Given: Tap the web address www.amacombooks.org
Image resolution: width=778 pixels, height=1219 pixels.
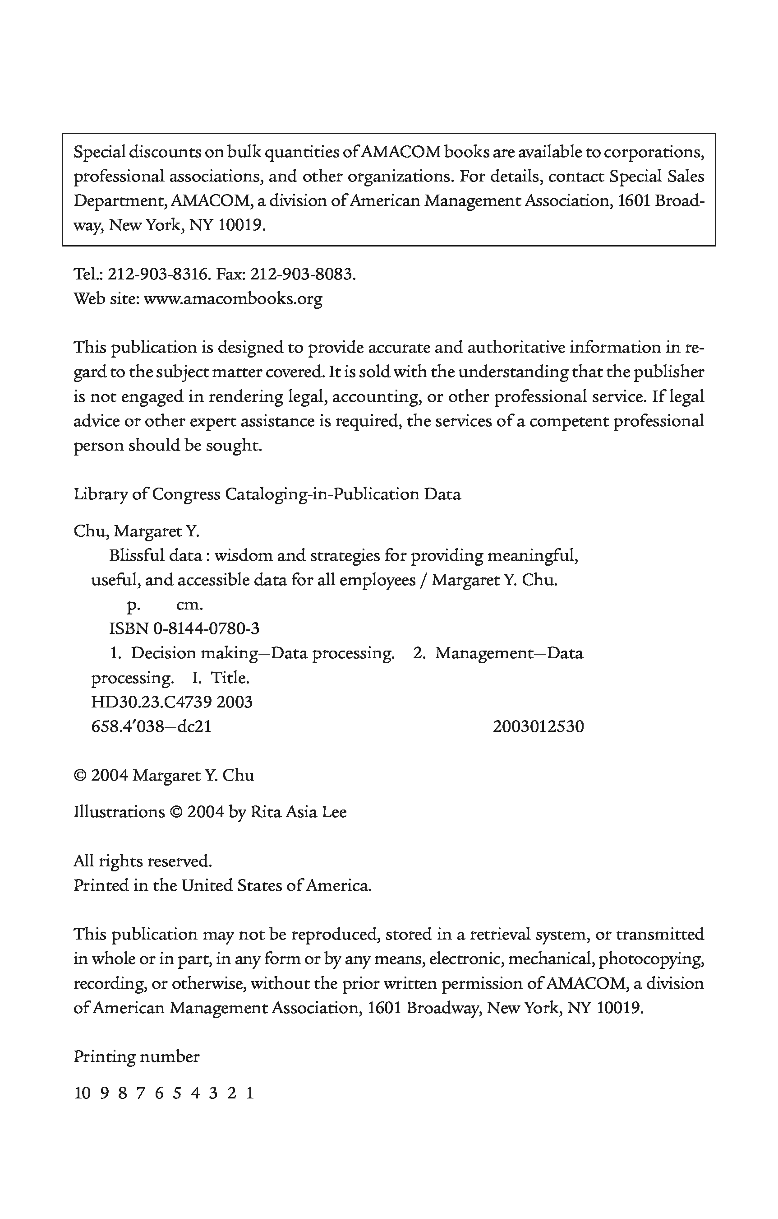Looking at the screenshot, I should pyautogui.click(x=233, y=299).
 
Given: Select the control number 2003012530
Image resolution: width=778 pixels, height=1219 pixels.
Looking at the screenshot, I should pyautogui.click(x=538, y=726).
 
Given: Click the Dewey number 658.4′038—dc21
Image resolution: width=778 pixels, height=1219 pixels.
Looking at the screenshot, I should pyautogui.click(x=151, y=726).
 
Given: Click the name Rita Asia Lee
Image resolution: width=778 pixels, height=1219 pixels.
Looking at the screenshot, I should pyautogui.click(x=299, y=812).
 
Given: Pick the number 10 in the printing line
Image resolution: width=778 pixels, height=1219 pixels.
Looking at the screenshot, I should pyautogui.click(x=82, y=1093).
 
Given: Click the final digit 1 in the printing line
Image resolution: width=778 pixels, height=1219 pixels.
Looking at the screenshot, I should pyautogui.click(x=250, y=1093).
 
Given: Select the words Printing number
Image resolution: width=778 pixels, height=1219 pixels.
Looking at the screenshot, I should pyautogui.click(x=137, y=1056).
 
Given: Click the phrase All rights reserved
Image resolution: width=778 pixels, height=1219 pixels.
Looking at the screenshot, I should pyautogui.click(x=143, y=861).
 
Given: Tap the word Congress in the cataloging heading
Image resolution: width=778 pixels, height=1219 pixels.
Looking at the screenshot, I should pyautogui.click(x=186, y=494).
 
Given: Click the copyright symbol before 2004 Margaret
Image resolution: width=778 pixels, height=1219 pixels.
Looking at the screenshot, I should pyautogui.click(x=80, y=776).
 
